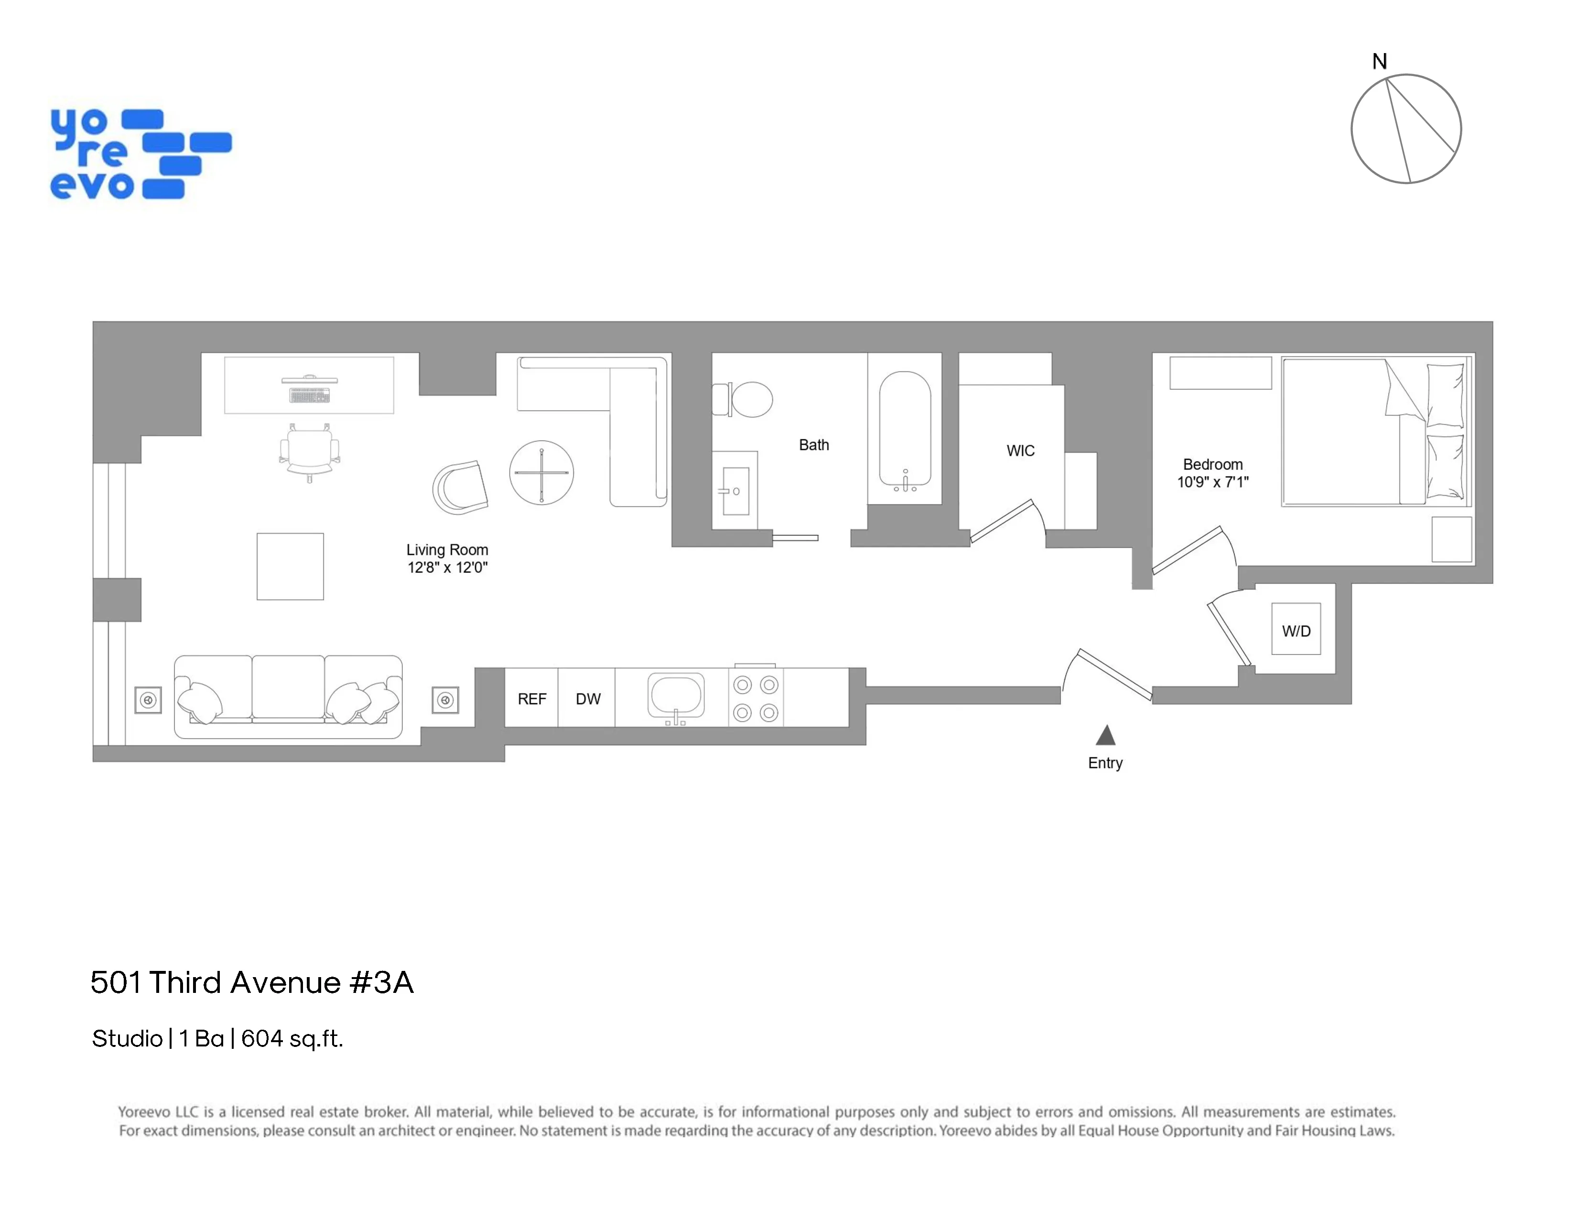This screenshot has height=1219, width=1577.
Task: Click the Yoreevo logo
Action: tap(141, 154)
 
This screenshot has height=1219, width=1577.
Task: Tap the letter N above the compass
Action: tap(1379, 61)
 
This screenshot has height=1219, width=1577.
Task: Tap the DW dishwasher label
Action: tap(588, 699)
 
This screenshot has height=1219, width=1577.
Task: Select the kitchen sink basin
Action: tap(676, 694)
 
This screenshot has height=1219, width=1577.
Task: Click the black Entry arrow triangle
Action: tap(1105, 736)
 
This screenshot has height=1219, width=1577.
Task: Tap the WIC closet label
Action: tap(1020, 451)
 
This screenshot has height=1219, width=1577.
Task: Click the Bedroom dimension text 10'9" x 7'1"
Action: tap(1212, 482)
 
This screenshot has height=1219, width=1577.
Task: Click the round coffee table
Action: tap(541, 472)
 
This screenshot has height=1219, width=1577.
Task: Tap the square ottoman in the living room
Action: tap(290, 566)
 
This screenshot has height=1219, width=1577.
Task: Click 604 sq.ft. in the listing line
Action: tap(292, 1038)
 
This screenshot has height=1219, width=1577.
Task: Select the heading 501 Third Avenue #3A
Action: tap(252, 982)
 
